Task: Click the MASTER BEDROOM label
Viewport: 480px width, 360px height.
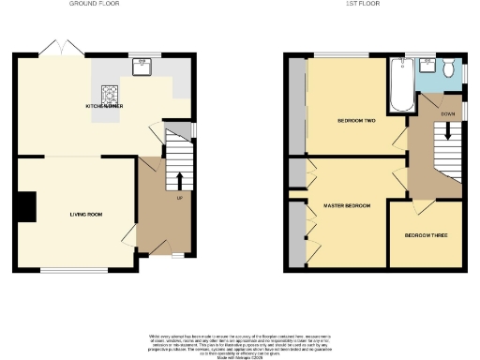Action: [x=347, y=205]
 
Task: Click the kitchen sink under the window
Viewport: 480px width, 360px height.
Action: [x=142, y=67]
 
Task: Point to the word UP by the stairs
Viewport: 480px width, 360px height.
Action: [x=178, y=197]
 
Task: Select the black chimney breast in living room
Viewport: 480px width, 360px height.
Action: [x=26, y=206]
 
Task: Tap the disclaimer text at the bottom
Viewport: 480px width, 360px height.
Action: [x=239, y=342]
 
